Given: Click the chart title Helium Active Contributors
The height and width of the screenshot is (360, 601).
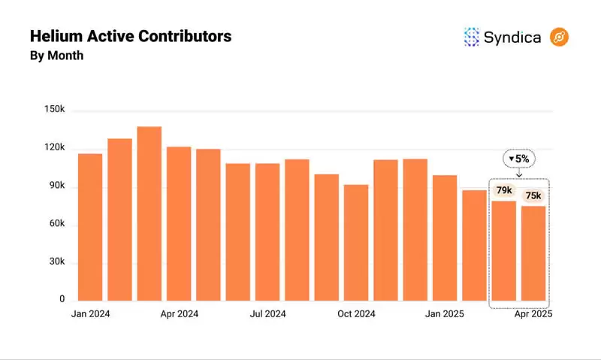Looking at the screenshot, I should [130, 36].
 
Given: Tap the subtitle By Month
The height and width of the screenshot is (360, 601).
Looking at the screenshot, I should [56, 56].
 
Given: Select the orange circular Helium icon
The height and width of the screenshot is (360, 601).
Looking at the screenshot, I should [559, 37].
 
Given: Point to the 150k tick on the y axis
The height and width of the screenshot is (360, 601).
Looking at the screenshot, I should [54, 110].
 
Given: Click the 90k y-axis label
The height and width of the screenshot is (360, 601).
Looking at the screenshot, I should [56, 186].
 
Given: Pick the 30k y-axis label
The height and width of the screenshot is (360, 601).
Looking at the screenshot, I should [56, 262].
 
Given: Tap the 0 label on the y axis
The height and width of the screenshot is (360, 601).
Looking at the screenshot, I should [62, 299].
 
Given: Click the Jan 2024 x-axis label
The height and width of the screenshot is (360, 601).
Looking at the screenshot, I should [90, 314].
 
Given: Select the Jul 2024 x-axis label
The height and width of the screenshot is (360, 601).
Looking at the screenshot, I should [267, 314].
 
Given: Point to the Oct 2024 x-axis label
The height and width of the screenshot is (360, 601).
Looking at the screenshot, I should [356, 314].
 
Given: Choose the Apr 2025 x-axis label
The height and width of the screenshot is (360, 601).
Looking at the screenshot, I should [533, 314].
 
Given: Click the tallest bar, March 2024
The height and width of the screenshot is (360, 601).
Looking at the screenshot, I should [149, 213].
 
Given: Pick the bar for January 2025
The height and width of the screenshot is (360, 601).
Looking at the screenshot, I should [445, 237].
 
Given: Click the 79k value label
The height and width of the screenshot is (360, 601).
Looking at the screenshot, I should [504, 190].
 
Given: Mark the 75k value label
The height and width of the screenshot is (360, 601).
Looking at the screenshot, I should [533, 196].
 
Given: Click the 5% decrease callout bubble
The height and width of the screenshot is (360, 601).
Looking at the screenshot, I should [518, 159].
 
